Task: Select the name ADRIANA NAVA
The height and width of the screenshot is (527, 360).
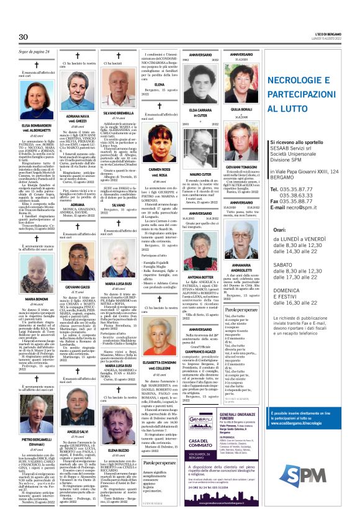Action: [x=79, y=116]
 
